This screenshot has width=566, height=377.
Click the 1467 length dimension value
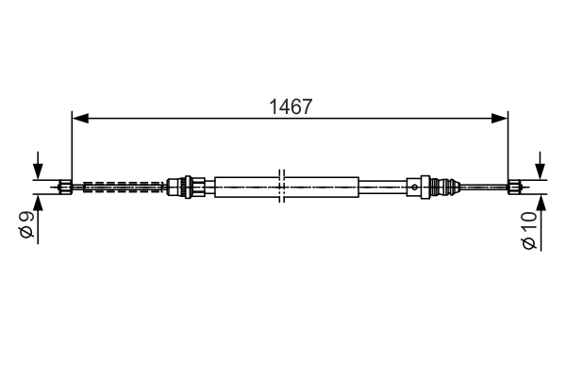tap(290, 107)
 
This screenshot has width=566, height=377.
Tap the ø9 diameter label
tap(26, 225)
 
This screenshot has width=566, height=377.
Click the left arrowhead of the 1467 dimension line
tap(79, 119)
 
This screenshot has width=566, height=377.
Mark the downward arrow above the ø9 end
tap(37, 168)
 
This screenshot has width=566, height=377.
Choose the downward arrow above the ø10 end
tap(540, 167)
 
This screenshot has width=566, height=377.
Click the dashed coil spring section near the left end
tap(123, 186)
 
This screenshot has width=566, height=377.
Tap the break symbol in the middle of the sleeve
tap(282, 186)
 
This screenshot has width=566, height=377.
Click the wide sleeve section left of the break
tap(247, 186)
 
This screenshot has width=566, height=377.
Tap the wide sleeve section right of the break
tap(321, 186)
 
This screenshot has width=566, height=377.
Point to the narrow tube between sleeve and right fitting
tap(384, 186)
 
